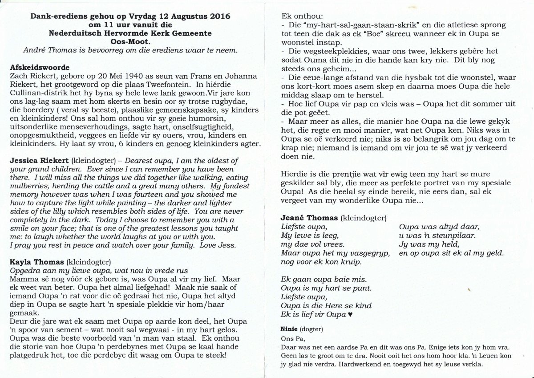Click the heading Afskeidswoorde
(x=39, y=68)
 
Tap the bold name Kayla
(x=20, y=261)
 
